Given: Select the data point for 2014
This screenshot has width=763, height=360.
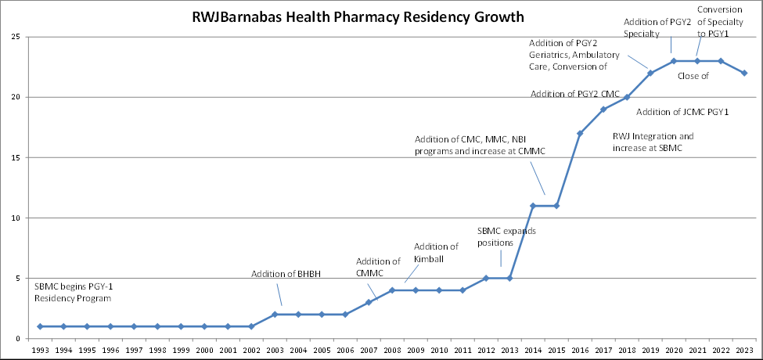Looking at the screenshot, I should coord(533,206).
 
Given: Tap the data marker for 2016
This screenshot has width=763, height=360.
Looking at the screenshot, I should coord(580,133).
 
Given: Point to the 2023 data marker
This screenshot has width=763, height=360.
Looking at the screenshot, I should coord(744,73).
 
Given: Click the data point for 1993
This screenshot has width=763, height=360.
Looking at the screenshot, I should coord(40,326).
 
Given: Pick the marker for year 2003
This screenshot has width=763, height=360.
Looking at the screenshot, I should coord(275,314).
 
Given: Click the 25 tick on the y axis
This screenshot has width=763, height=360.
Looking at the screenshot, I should coord(16,37).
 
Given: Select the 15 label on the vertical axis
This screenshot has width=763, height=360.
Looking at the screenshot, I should coord(16,157).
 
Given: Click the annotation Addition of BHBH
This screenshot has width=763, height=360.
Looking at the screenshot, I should coord(286,274).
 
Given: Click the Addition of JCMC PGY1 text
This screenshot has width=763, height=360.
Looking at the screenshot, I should coord(682,113).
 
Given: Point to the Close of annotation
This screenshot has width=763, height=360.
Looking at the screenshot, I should coord(693,76).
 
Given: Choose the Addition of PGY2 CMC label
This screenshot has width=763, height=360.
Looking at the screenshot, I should coord(574,94).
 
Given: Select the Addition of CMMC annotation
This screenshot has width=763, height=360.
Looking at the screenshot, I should coord(379,267).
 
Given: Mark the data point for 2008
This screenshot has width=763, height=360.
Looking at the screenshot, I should coord(392,290).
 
